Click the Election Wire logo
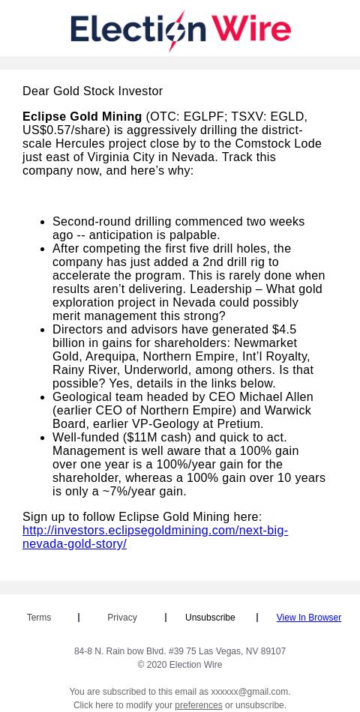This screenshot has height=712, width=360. click(180, 31)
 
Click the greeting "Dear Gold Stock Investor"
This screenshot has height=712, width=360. click(92, 91)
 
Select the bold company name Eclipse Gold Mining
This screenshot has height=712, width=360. click(82, 117)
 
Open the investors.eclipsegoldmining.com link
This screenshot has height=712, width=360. click(154, 537)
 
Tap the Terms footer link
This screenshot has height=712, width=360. click(39, 618)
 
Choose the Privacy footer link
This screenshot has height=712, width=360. click(122, 618)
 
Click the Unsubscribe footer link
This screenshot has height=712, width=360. click(210, 618)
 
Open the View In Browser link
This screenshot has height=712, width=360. click(308, 618)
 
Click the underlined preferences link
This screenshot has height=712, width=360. click(198, 705)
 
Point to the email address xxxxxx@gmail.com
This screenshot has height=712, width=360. click(249, 692)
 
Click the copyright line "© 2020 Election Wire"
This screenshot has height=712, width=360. click(180, 665)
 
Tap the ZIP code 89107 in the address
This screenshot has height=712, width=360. click(273, 651)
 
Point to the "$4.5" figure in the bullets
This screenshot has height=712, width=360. click(284, 330)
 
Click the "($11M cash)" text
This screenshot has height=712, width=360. click(157, 438)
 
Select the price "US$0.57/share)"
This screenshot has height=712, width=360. click(67, 130)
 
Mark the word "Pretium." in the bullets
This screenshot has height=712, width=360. click(240, 424)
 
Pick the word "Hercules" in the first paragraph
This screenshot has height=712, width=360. click(80, 144)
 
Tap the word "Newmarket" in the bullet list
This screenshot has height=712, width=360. click(265, 343)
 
